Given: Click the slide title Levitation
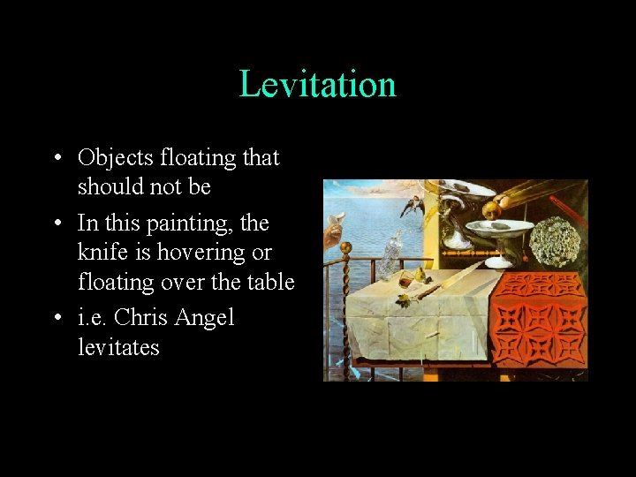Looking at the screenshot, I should [317, 85].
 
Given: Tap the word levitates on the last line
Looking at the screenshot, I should [118, 347].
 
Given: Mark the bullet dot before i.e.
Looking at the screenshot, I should [56, 318].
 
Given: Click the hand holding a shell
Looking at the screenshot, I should [334, 231].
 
